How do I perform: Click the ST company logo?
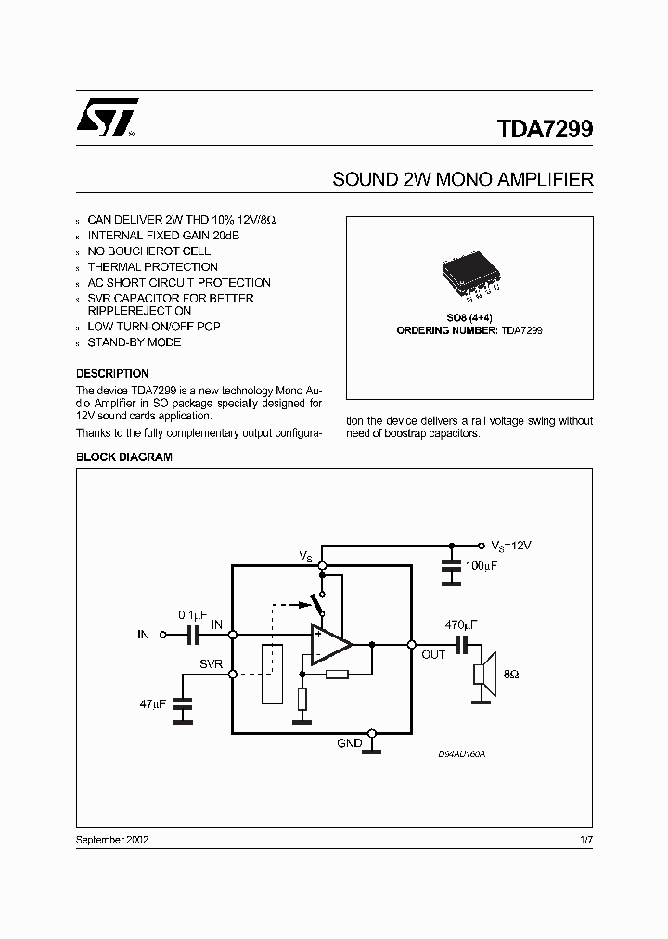tap(108, 117)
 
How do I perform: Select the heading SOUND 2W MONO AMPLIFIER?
tap(462, 179)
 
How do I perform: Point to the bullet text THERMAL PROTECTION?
tap(152, 266)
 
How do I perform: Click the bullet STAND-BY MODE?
tap(134, 342)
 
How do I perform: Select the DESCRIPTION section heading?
tap(112, 374)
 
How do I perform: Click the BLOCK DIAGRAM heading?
tap(123, 457)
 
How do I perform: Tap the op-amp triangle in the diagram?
tap(329, 643)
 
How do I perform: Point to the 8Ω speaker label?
tap(509, 675)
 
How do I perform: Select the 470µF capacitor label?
tap(461, 625)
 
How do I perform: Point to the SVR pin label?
tap(211, 665)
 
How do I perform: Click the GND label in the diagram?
tap(350, 743)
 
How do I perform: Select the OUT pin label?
tap(433, 654)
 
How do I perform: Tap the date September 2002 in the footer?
tap(112, 839)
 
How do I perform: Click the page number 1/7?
tap(584, 839)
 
